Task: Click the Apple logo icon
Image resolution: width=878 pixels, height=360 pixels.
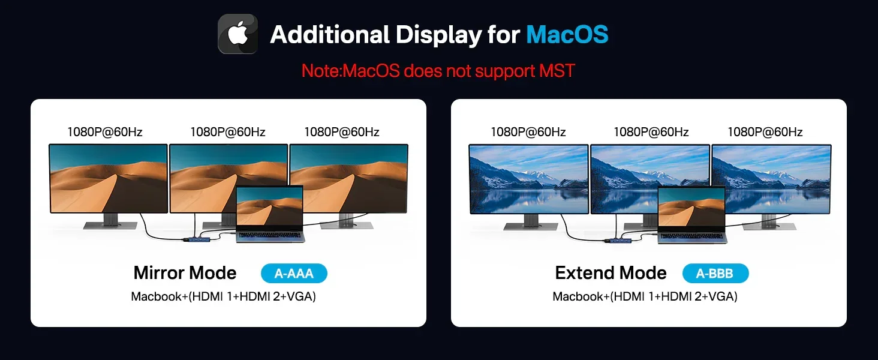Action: [237, 34]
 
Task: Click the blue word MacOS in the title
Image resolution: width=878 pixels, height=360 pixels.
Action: [567, 35]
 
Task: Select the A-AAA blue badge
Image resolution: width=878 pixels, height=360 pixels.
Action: [294, 274]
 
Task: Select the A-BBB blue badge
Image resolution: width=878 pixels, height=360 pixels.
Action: [715, 274]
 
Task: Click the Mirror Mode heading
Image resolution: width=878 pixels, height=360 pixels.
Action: [185, 273]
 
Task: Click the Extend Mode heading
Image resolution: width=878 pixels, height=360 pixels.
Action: [611, 273]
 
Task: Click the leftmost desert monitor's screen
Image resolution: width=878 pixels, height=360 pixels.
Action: [108, 178]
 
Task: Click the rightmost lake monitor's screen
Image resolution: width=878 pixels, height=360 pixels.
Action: [771, 179]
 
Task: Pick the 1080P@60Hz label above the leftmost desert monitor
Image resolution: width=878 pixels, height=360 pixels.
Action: [105, 132]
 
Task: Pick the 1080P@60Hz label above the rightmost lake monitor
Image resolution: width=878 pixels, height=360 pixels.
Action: [765, 132]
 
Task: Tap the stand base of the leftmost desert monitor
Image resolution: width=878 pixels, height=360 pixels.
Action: [110, 226]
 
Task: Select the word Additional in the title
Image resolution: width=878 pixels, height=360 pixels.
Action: [330, 35]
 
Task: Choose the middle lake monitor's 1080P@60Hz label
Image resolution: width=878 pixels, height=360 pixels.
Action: [651, 132]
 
